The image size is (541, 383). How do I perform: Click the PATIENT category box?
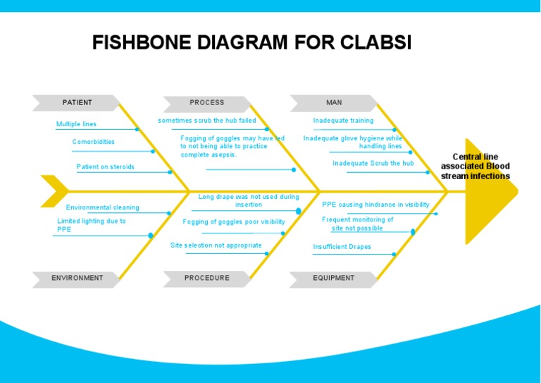(x=77, y=103)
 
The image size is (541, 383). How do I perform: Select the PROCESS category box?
(x=206, y=103)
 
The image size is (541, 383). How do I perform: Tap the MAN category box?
(x=334, y=103)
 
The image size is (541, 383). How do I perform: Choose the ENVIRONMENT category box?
(x=77, y=278)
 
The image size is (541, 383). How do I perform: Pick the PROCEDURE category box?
(x=206, y=278)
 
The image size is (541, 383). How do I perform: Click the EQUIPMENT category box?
(x=334, y=278)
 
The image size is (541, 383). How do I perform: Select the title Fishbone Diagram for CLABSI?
(x=251, y=43)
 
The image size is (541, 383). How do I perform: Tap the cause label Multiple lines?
(x=76, y=124)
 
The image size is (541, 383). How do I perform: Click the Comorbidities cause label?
(x=93, y=142)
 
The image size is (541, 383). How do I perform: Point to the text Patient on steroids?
(x=105, y=167)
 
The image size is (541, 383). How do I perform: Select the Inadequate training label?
(x=343, y=121)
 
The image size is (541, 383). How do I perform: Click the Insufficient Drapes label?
(x=342, y=247)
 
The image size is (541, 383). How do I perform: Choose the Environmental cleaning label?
(x=102, y=207)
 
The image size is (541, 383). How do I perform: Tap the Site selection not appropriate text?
(x=216, y=245)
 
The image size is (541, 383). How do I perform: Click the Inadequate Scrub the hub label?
(x=373, y=163)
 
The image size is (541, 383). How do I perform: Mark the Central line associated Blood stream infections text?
(x=475, y=166)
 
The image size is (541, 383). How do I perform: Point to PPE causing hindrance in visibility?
(x=375, y=205)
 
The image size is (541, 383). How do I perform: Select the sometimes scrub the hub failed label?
(x=206, y=121)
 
